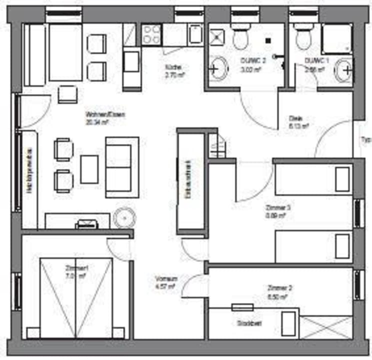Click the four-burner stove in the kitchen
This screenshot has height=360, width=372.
point(150,35)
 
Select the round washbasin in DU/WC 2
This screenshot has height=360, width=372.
point(217,68)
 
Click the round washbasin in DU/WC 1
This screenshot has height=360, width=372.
point(343,69)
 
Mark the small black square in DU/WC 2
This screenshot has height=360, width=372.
point(268,40)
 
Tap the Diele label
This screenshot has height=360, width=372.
point(295,119)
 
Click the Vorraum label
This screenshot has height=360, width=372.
point(163,279)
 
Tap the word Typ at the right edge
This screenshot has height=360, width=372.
point(365,139)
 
